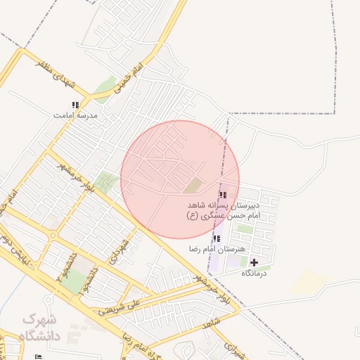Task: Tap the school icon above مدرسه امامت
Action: coord(75,105)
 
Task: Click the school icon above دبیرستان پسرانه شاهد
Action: coord(223,195)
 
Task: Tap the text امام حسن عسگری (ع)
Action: coord(224,215)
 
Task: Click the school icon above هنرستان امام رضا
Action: coord(216,239)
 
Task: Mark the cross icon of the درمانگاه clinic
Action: coord(254,262)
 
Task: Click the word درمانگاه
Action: coord(256,273)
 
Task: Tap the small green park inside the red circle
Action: coord(192,186)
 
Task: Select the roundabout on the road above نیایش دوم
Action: coord(52,236)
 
